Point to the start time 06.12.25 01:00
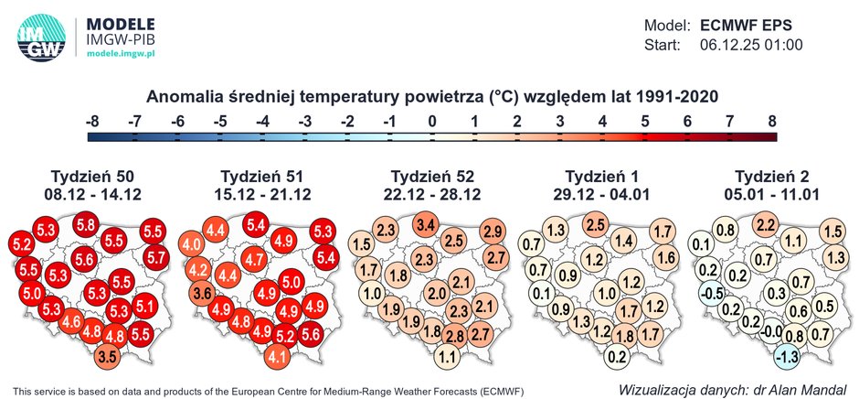tap(751, 44)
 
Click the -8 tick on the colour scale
tap(91, 120)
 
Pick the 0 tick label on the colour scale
tap(432, 120)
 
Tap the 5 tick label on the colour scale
tap(645, 120)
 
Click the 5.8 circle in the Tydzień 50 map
tap(87, 224)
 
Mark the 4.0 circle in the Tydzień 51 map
tap(192, 245)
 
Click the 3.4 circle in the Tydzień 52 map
tap(425, 224)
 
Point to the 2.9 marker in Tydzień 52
tap(493, 232)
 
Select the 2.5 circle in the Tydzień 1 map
tap(596, 224)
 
